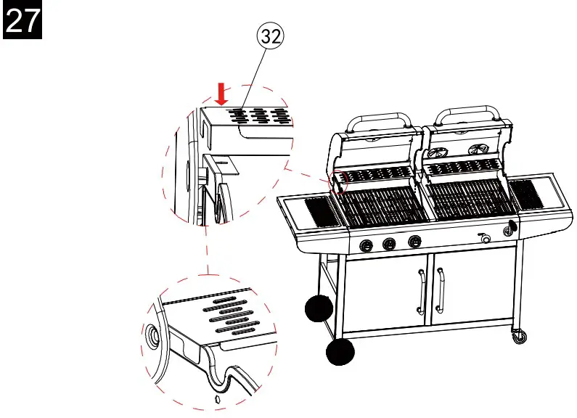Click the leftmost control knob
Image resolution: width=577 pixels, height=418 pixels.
tap(367, 245)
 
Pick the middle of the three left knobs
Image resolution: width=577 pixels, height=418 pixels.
tap(390, 244)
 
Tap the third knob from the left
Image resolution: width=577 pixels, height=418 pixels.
tap(414, 242)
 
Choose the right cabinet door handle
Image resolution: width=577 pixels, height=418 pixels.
tap(440, 288)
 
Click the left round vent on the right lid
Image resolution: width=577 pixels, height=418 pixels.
tap(438, 152)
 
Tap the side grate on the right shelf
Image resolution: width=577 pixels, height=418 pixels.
tap(528, 193)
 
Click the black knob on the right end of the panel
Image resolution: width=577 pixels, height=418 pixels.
tap(510, 229)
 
